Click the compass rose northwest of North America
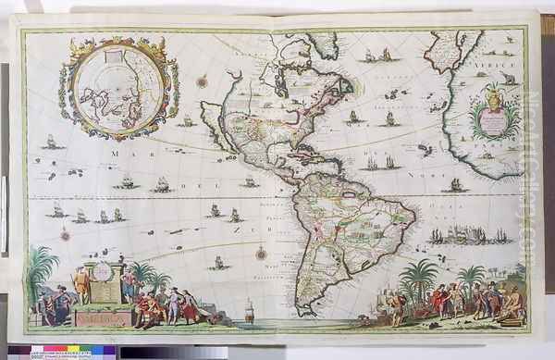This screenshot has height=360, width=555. coord(202,81)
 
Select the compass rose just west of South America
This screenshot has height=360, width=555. coord(262,252)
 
